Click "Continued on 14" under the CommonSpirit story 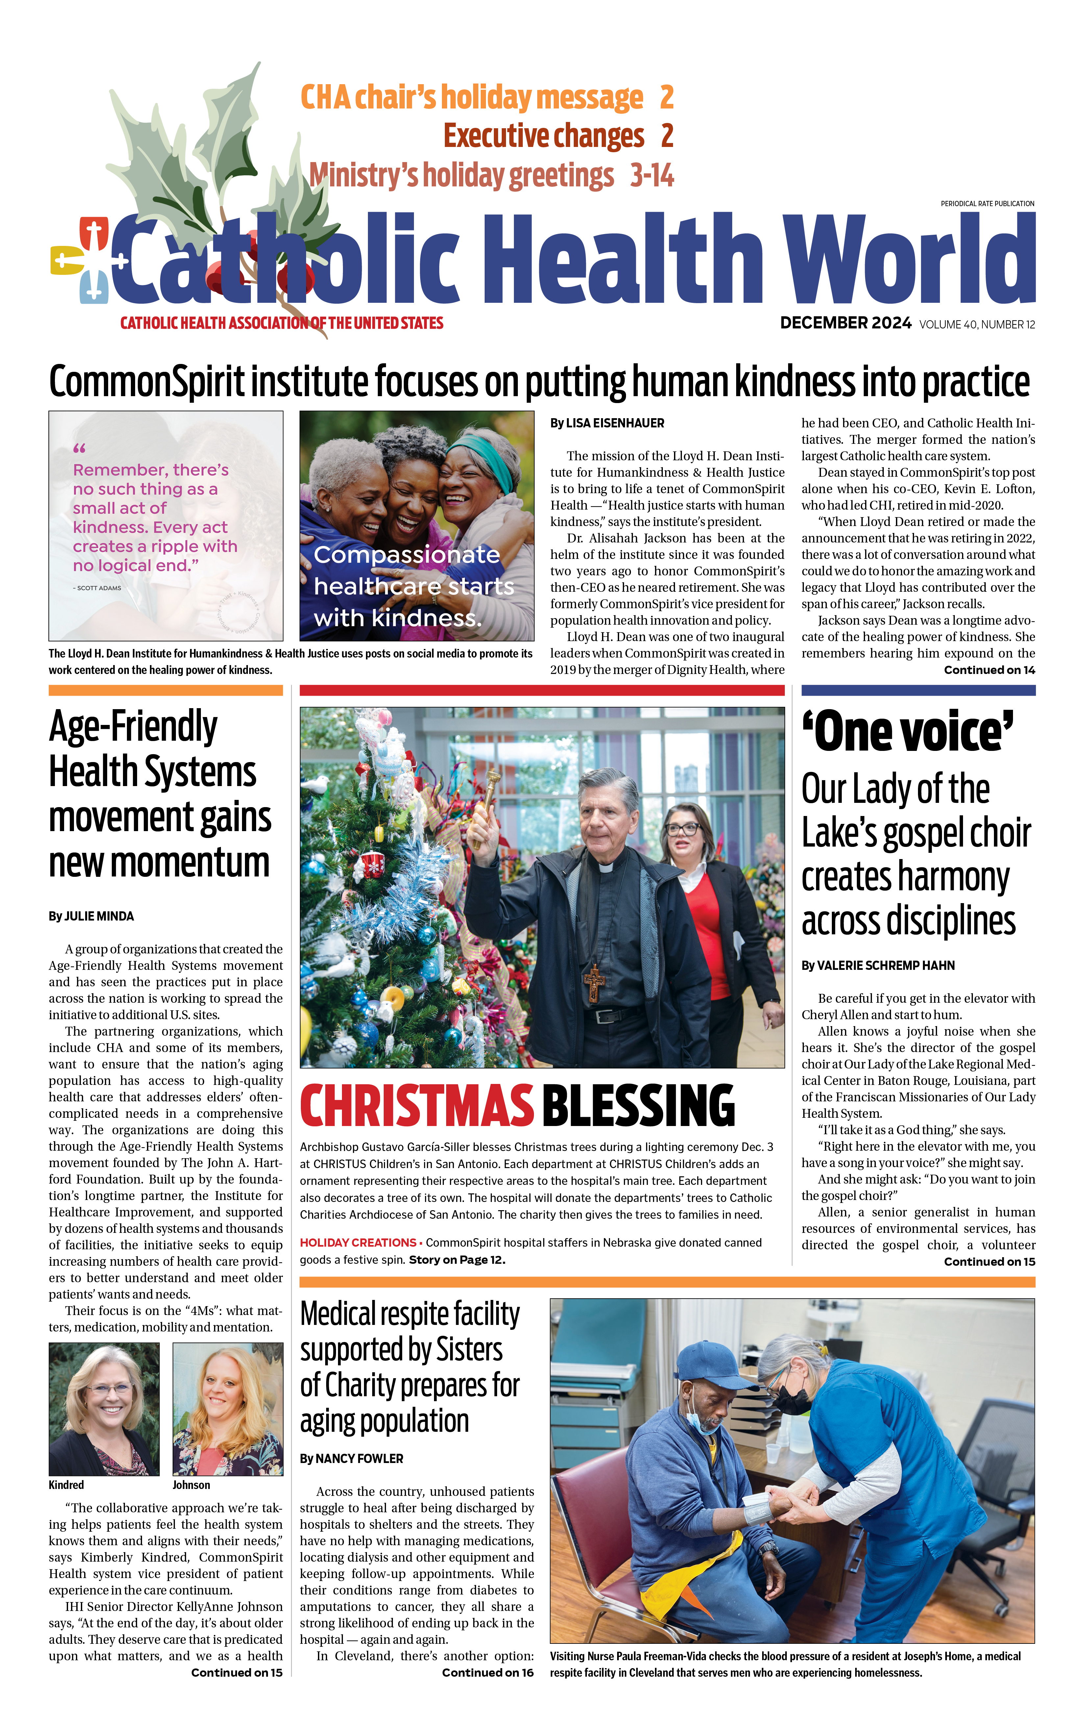(989, 670)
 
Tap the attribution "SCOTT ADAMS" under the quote (98, 588)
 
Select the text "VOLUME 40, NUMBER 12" (977, 325)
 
